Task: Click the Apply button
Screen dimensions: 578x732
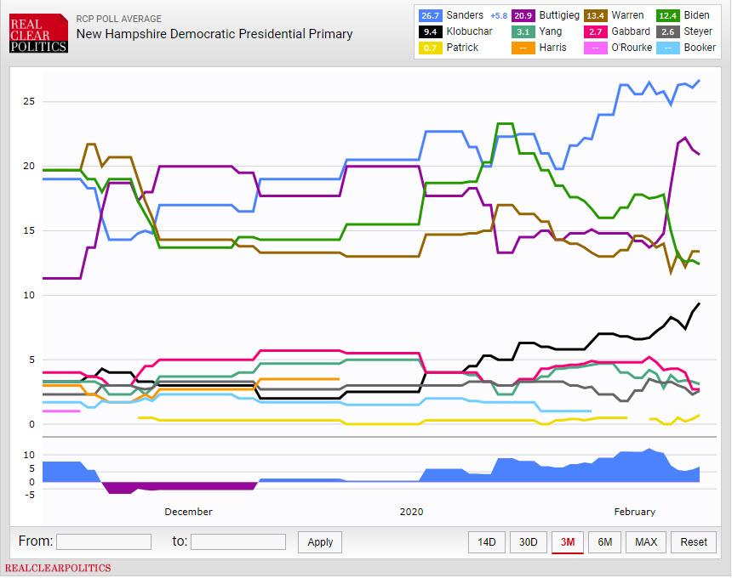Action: (320, 542)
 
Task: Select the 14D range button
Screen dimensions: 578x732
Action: (486, 542)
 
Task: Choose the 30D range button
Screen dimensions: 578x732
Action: (528, 542)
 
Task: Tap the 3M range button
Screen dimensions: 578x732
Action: (567, 542)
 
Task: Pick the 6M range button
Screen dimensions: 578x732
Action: (604, 542)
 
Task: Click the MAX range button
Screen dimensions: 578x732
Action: (646, 542)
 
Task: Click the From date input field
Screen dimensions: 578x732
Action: (103, 541)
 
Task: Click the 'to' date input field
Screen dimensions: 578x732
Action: (237, 541)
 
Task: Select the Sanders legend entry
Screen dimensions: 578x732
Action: (464, 15)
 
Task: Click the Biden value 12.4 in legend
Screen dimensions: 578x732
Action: (668, 15)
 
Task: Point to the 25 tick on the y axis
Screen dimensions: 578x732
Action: (28, 101)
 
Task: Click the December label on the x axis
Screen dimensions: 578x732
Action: (188, 512)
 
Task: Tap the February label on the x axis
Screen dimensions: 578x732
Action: (635, 512)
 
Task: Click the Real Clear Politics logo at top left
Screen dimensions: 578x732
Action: (39, 32)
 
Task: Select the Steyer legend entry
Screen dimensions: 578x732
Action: (690, 31)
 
